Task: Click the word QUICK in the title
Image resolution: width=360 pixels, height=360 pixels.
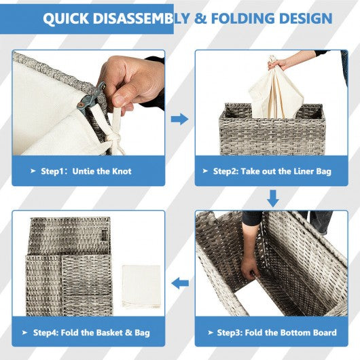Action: pyautogui.click(x=66, y=18)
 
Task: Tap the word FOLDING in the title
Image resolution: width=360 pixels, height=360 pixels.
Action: pyautogui.click(x=242, y=18)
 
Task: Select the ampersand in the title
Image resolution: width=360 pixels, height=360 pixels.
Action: pyautogui.click(x=200, y=18)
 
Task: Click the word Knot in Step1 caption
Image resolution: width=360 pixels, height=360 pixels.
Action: pyautogui.click(x=122, y=171)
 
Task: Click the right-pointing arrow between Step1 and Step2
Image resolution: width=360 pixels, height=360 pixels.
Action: pyautogui.click(x=179, y=119)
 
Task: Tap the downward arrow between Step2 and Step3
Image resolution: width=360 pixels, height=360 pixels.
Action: pyautogui.click(x=273, y=198)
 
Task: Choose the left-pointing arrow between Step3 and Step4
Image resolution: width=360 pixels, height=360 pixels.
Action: pyautogui.click(x=180, y=283)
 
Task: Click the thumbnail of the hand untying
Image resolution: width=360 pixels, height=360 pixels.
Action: pyautogui.click(x=88, y=103)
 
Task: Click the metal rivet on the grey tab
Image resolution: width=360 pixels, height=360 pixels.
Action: pyautogui.click(x=80, y=105)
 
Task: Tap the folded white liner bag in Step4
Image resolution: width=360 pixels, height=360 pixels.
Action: pyautogui.click(x=141, y=286)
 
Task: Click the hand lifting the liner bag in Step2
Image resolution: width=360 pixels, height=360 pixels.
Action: pyautogui.click(x=277, y=63)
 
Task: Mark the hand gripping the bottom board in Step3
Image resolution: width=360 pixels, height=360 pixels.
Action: pyautogui.click(x=249, y=268)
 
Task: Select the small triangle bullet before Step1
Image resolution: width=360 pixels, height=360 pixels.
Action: pyautogui.click(x=33, y=171)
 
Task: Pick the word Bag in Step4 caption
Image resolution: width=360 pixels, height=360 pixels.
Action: pyautogui.click(x=142, y=333)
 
